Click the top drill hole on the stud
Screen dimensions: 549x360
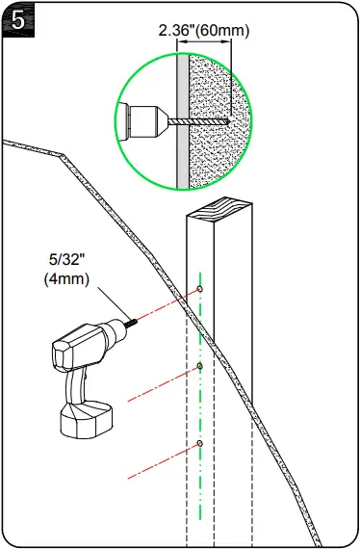coord(199,289)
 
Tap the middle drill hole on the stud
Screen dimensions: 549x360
coord(199,366)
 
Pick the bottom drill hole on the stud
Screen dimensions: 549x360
coord(199,443)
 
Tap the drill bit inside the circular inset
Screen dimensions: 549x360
coord(197,121)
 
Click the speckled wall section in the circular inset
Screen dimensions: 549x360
coord(214,144)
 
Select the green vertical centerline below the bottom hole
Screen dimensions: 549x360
coord(199,501)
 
